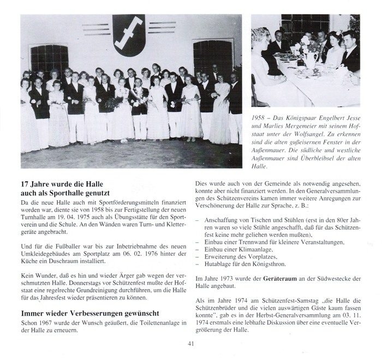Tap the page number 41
[x=190, y=343]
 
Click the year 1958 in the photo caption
[x=260, y=117]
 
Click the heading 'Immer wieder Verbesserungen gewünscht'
[x=89, y=313]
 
